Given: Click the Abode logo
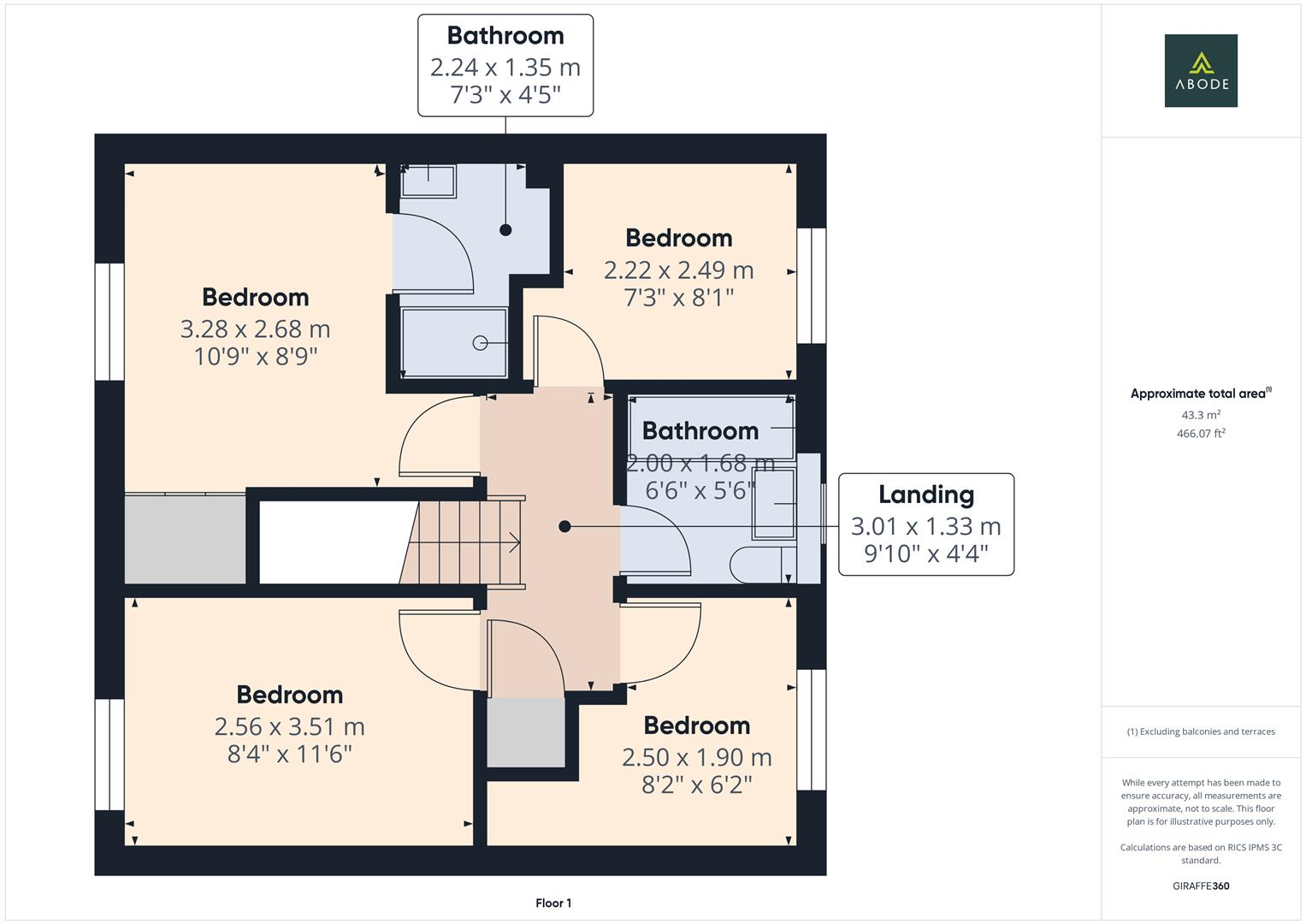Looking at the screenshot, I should click(x=1201, y=70).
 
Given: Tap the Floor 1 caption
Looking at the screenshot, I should click(x=553, y=903).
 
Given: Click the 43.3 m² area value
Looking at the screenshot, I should click(x=1201, y=415).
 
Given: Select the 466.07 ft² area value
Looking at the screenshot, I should click(x=1201, y=434).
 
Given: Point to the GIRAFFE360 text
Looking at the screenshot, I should click(x=1201, y=885).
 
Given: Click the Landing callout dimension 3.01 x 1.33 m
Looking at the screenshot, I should click(x=925, y=526).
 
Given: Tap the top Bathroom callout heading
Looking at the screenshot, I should click(x=505, y=36).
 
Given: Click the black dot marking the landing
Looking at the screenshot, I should click(x=564, y=526).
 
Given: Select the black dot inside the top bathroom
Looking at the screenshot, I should click(x=505, y=229).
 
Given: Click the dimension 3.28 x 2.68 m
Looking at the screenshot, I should click(x=255, y=329).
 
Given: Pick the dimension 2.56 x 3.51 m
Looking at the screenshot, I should click(x=289, y=726).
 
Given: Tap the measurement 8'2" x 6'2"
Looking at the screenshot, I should click(x=696, y=785).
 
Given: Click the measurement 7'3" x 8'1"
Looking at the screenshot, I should click(x=678, y=298).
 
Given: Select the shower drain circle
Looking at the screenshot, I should click(x=480, y=343).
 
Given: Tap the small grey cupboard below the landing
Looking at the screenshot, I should click(x=526, y=732).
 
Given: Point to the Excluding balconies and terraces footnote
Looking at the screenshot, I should click(x=1201, y=731).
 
